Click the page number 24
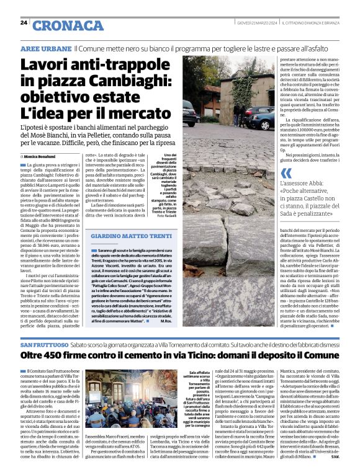(23, 22)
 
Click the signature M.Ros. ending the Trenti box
(168, 321)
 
